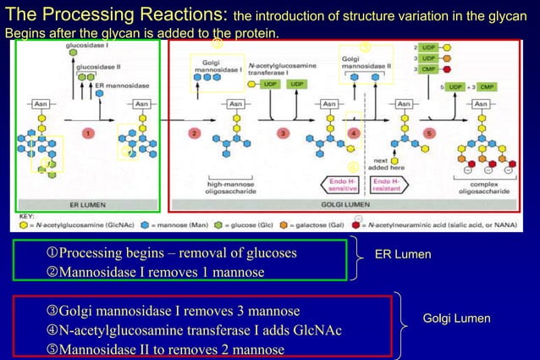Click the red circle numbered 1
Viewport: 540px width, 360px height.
pyautogui.click(x=87, y=133)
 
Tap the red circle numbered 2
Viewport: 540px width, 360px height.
pyautogui.click(x=194, y=133)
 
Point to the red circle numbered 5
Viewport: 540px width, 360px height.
pyautogui.click(x=429, y=133)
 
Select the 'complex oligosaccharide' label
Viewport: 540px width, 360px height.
pyautogui.click(x=483, y=188)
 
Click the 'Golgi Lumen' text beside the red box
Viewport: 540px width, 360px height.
pyautogui.click(x=456, y=318)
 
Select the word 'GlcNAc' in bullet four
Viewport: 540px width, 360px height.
pyautogui.click(x=315, y=330)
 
